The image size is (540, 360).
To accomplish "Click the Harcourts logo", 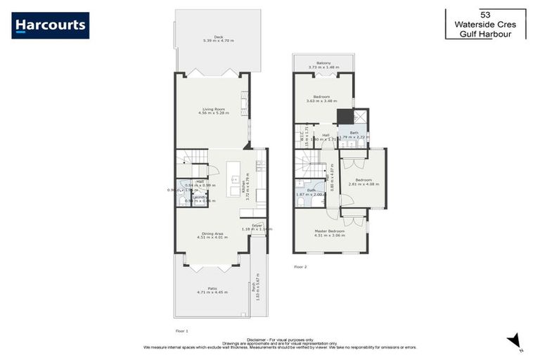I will (50, 25).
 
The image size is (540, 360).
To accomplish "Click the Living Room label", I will (210, 111).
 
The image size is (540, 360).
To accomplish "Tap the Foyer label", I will (257, 227).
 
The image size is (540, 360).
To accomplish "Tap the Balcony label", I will (323, 65).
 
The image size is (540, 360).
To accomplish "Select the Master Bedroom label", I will (330, 233).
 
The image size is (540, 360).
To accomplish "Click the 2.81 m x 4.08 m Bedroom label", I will (364, 182).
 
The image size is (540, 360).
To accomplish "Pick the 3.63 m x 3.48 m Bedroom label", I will (322, 98).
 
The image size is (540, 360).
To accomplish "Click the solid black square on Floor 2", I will (344, 117).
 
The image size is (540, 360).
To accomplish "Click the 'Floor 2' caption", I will (300, 266).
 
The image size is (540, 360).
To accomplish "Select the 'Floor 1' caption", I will (181, 330).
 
